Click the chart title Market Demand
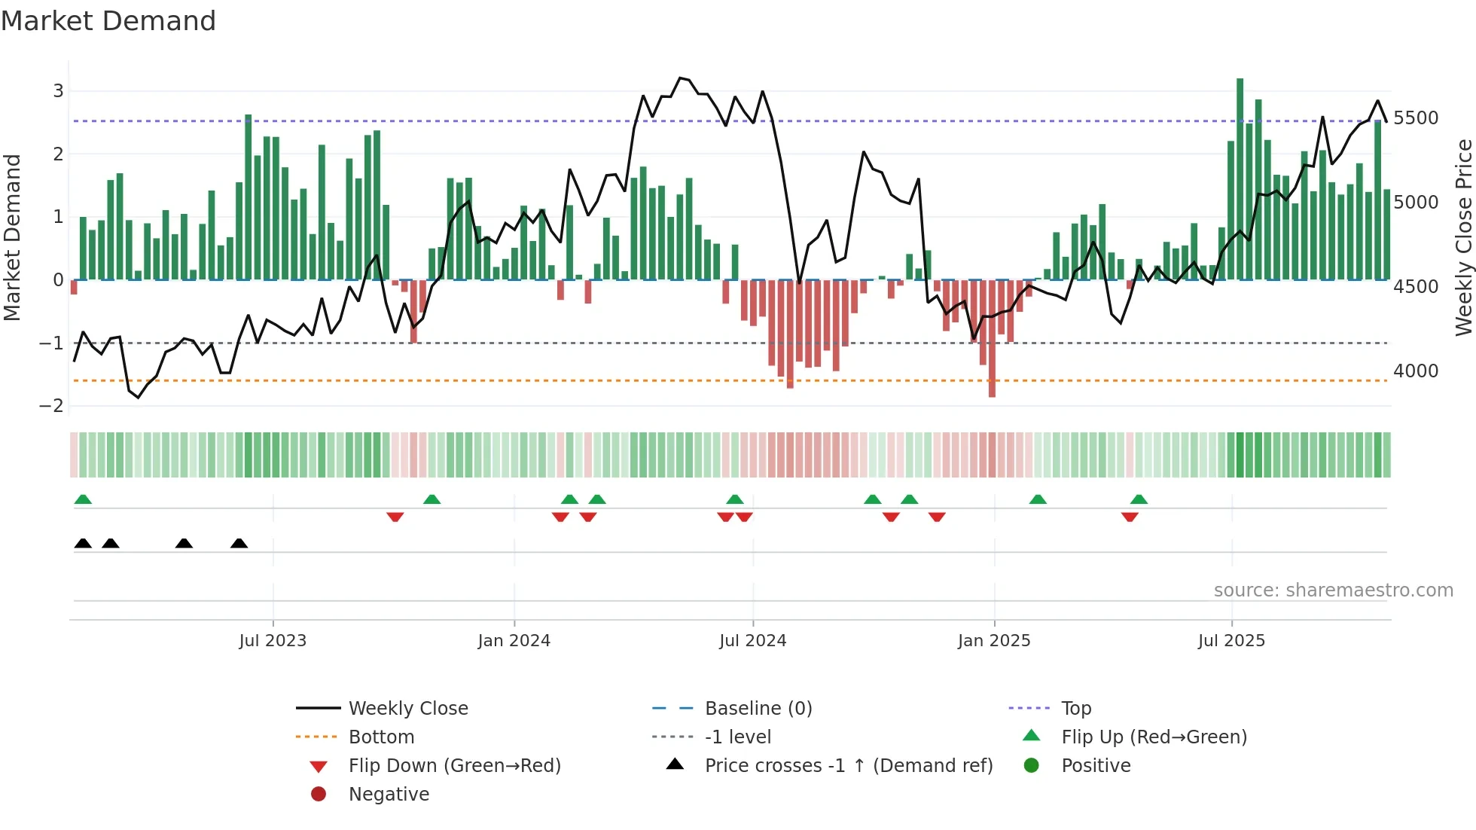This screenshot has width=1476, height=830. click(x=108, y=21)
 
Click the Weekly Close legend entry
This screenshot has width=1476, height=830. click(x=407, y=708)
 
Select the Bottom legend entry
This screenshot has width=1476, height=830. click(x=381, y=737)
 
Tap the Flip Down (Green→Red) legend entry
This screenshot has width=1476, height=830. click(x=454, y=765)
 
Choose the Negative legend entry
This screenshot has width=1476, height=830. click(x=389, y=794)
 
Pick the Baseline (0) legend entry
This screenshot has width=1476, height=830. click(x=758, y=708)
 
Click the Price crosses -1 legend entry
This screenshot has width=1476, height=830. click(x=848, y=765)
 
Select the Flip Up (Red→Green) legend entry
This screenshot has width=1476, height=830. click(x=1154, y=737)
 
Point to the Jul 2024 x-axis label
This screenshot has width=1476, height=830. click(x=752, y=640)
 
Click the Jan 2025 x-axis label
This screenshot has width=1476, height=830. click(x=993, y=640)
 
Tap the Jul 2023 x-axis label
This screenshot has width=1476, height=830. click(x=273, y=640)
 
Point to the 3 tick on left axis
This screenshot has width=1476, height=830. click(x=58, y=91)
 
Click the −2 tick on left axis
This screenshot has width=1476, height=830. click(x=52, y=406)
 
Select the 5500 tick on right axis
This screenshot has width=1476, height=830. click(x=1415, y=118)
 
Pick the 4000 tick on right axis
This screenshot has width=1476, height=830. click(x=1415, y=371)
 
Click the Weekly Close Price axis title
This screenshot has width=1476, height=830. click(x=1463, y=237)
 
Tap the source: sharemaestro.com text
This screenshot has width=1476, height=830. click(x=1333, y=590)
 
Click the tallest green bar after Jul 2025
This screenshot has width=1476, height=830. click(x=1240, y=179)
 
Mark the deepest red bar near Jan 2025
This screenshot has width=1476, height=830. click(x=992, y=339)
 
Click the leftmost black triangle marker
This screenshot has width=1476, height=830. click(x=83, y=543)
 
